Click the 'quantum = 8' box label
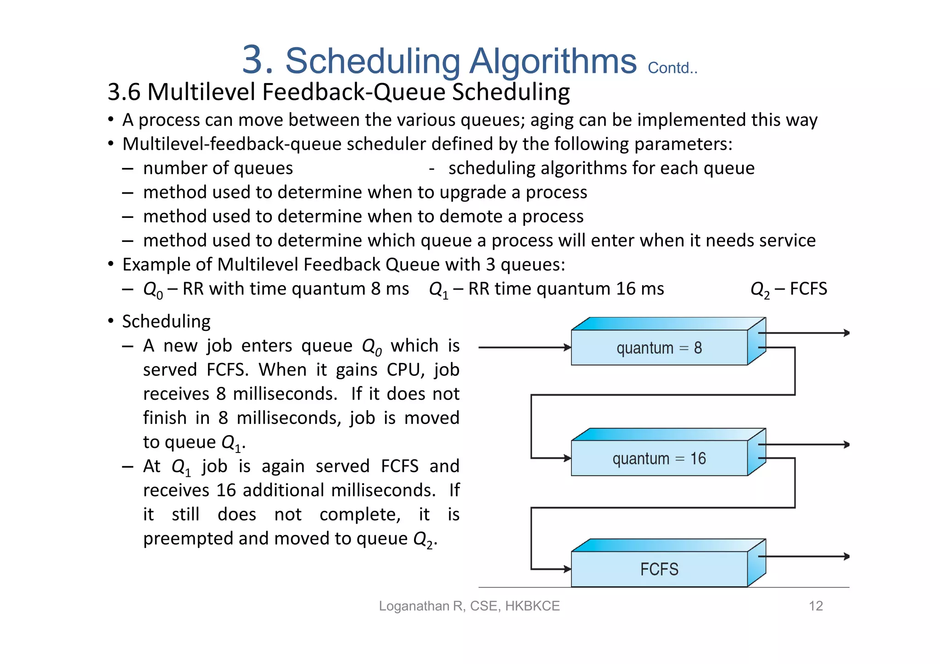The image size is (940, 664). coord(659,348)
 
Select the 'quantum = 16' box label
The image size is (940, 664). coord(659,459)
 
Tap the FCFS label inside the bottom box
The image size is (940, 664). coord(659,569)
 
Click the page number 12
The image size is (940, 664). coord(816,606)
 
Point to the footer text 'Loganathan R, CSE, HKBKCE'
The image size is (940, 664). coord(469,606)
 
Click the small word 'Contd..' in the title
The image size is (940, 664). coord(672,68)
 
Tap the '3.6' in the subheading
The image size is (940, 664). coord(124,92)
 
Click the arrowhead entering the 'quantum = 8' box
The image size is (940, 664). coord(568,347)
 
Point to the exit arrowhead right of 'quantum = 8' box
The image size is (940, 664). coord(847,333)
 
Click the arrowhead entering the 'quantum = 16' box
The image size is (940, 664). coord(568,458)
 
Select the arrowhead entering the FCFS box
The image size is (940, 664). coord(568,569)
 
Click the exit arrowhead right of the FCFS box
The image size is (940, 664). coord(847,557)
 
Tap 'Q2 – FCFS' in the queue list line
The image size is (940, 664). coord(789,289)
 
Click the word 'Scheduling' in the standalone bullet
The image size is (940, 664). coord(166,322)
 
